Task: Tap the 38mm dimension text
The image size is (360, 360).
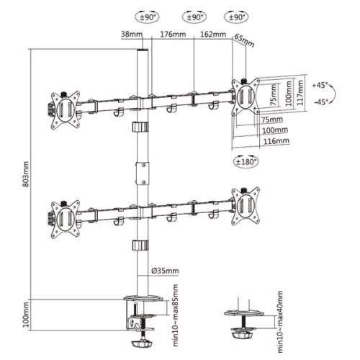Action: point(131,35)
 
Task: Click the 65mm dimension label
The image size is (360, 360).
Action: point(245,44)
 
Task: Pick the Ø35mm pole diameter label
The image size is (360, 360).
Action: point(164,271)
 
